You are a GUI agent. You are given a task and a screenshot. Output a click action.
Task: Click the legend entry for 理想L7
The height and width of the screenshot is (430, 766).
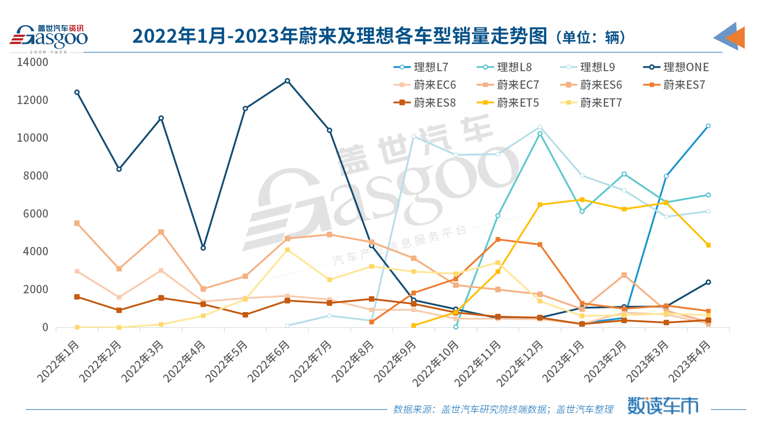[x=421, y=67]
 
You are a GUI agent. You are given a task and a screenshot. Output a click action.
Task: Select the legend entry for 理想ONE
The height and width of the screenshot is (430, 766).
[x=676, y=67]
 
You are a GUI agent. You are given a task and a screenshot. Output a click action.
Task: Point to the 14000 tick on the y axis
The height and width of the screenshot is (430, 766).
[x=32, y=62]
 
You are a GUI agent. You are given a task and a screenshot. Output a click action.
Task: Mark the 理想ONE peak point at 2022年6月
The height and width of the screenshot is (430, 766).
[x=287, y=81]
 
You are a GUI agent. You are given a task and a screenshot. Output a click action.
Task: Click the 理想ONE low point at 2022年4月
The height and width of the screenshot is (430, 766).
[x=203, y=248]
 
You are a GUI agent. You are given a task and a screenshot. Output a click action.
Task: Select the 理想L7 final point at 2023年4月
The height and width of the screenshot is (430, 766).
[x=708, y=126]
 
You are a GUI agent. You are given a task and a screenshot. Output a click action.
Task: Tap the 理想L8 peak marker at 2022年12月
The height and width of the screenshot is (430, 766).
[x=540, y=134]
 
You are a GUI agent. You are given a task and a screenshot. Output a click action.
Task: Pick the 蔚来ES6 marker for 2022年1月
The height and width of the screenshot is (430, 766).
[x=77, y=223]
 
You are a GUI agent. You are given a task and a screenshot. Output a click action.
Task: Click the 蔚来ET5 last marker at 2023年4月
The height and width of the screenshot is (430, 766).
[x=708, y=245]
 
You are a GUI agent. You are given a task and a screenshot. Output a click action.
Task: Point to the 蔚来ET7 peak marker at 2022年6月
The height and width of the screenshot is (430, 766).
[x=287, y=250]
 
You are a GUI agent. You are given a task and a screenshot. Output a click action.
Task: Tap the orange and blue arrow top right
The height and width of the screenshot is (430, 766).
[x=730, y=36]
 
